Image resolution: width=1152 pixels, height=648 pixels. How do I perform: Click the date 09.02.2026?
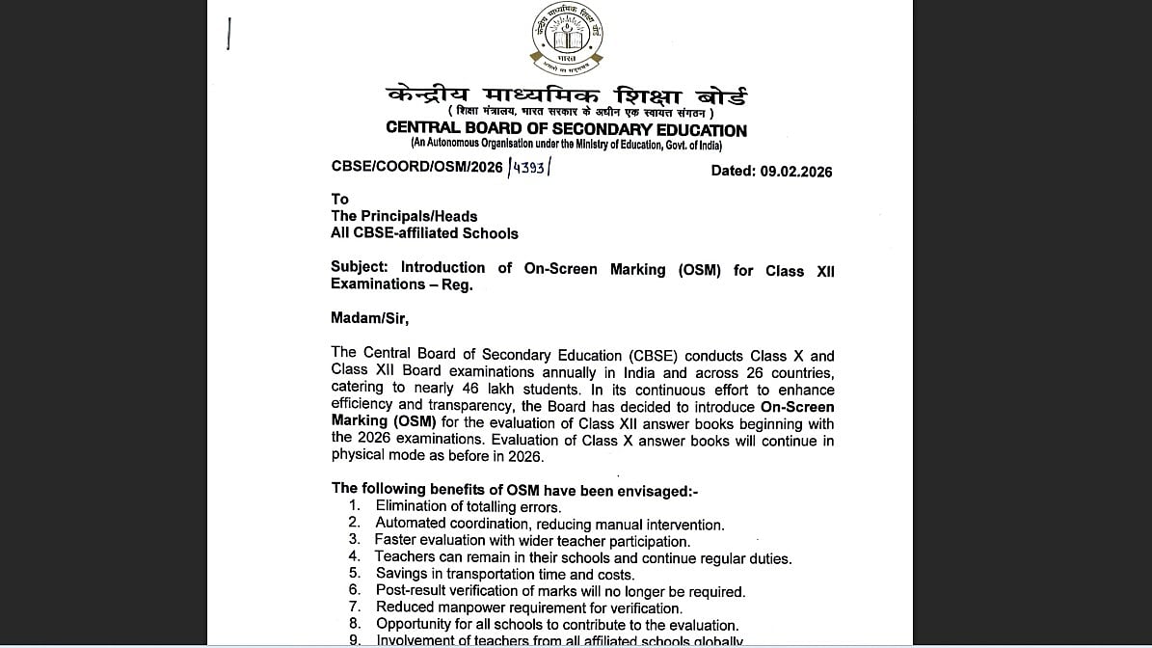(x=795, y=172)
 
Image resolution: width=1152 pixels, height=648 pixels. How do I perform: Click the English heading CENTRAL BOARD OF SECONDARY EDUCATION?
(x=566, y=129)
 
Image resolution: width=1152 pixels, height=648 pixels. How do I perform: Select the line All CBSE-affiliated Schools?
(x=424, y=233)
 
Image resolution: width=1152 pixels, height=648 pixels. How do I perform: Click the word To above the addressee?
(x=339, y=199)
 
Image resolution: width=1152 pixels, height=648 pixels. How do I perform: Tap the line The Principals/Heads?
(x=404, y=216)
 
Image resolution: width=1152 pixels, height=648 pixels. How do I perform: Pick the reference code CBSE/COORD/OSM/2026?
(x=416, y=167)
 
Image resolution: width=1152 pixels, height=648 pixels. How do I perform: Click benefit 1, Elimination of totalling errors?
(x=469, y=506)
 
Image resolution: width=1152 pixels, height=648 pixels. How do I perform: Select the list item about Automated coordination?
(x=549, y=525)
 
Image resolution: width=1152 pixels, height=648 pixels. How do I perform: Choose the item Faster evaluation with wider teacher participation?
(x=532, y=541)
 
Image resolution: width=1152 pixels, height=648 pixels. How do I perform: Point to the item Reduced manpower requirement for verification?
(x=529, y=607)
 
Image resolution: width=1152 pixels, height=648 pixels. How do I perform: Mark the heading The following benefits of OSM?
(x=515, y=490)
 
